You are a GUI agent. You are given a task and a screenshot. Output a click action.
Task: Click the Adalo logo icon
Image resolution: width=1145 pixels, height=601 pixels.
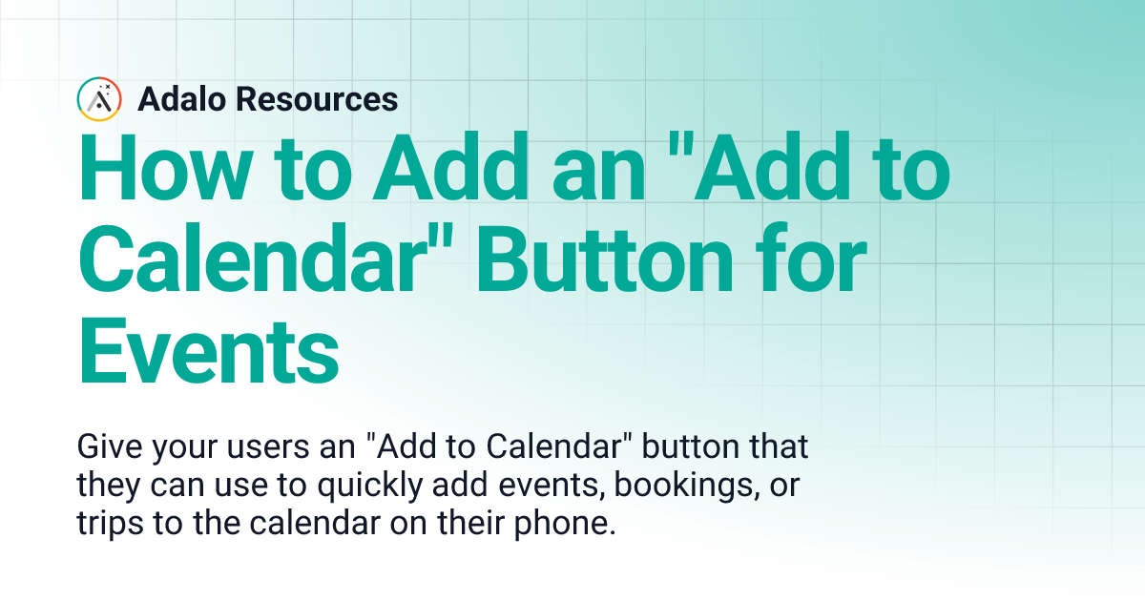coord(100,99)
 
